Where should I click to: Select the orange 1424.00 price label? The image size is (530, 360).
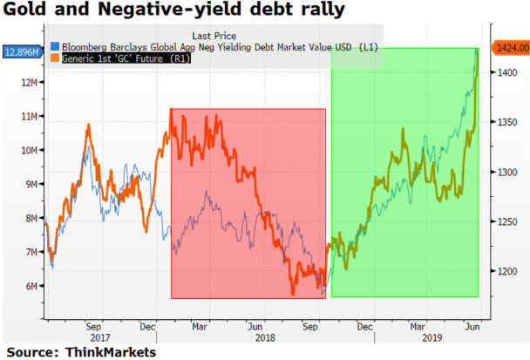pyautogui.click(x=508, y=47)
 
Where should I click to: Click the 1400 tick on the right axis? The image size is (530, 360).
pyautogui.click(x=504, y=73)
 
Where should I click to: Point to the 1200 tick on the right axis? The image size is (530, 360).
pyautogui.click(x=504, y=271)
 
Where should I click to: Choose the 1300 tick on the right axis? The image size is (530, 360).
pyautogui.click(x=504, y=173)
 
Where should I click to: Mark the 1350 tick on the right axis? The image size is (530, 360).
pyautogui.click(x=504, y=123)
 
